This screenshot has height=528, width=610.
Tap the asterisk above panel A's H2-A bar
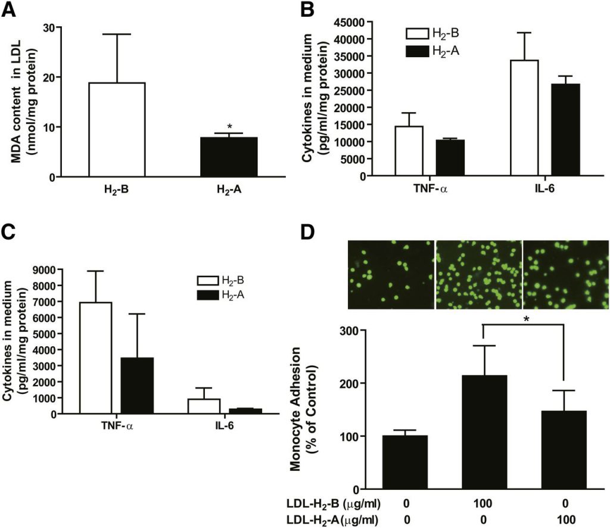click(229, 127)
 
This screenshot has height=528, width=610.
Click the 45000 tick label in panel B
click(347, 23)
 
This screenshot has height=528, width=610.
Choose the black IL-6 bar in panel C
click(245, 411)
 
